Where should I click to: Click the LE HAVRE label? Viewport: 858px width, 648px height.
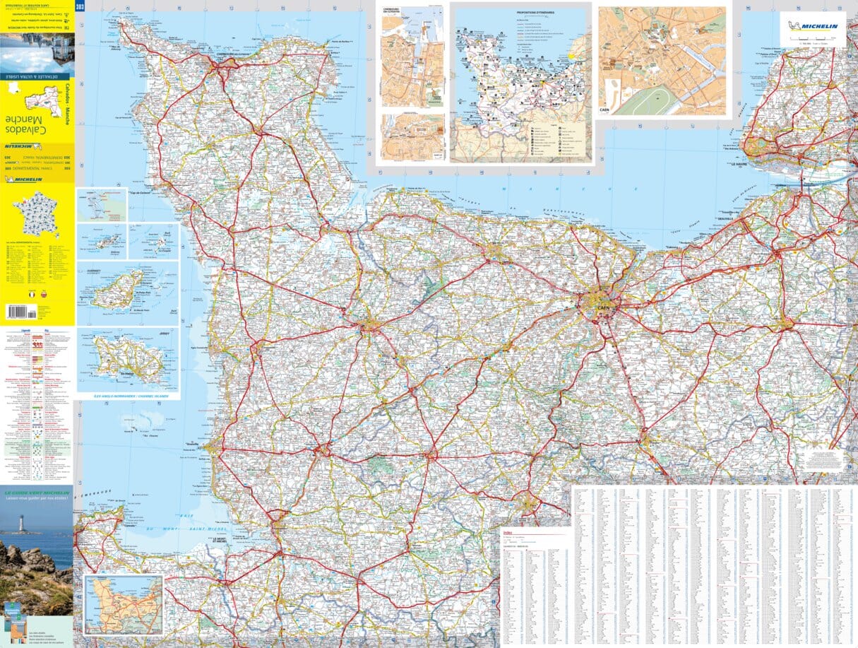[739, 164]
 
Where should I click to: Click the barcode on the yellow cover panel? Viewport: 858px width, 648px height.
[22, 311]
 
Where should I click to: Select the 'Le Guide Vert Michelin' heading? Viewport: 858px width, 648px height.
[37, 493]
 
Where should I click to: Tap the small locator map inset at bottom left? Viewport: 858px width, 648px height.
[124, 604]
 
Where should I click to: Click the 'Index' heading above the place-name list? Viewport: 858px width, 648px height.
[508, 532]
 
